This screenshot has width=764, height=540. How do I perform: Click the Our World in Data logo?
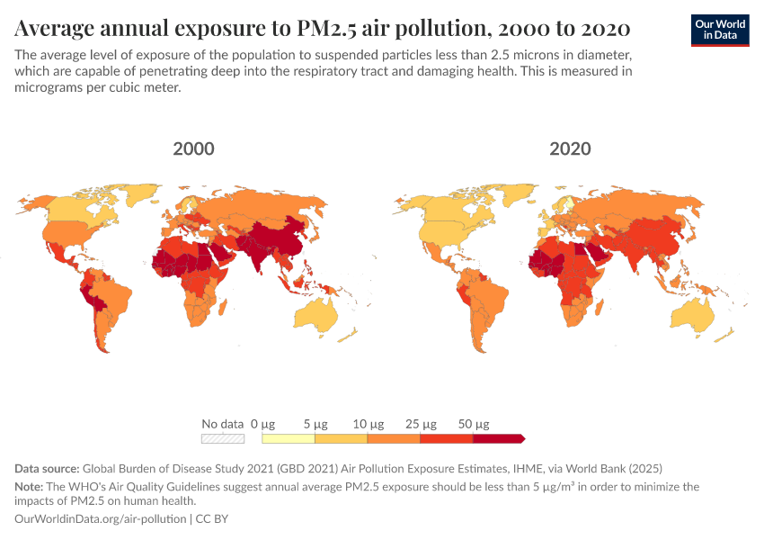point(722,29)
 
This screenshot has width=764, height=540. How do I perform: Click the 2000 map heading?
point(193,148)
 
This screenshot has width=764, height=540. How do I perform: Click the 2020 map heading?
point(570,148)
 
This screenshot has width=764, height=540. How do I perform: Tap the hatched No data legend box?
point(223,438)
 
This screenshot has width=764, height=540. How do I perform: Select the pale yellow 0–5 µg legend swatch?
point(288,438)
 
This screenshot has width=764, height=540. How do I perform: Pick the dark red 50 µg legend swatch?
point(498,438)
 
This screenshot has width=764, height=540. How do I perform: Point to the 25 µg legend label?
point(420,424)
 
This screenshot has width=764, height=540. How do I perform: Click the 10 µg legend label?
point(368,424)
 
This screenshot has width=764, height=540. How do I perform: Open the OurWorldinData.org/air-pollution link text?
point(101,519)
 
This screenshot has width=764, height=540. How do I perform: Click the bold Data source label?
point(47,469)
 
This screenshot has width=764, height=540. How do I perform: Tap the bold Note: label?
point(31,486)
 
